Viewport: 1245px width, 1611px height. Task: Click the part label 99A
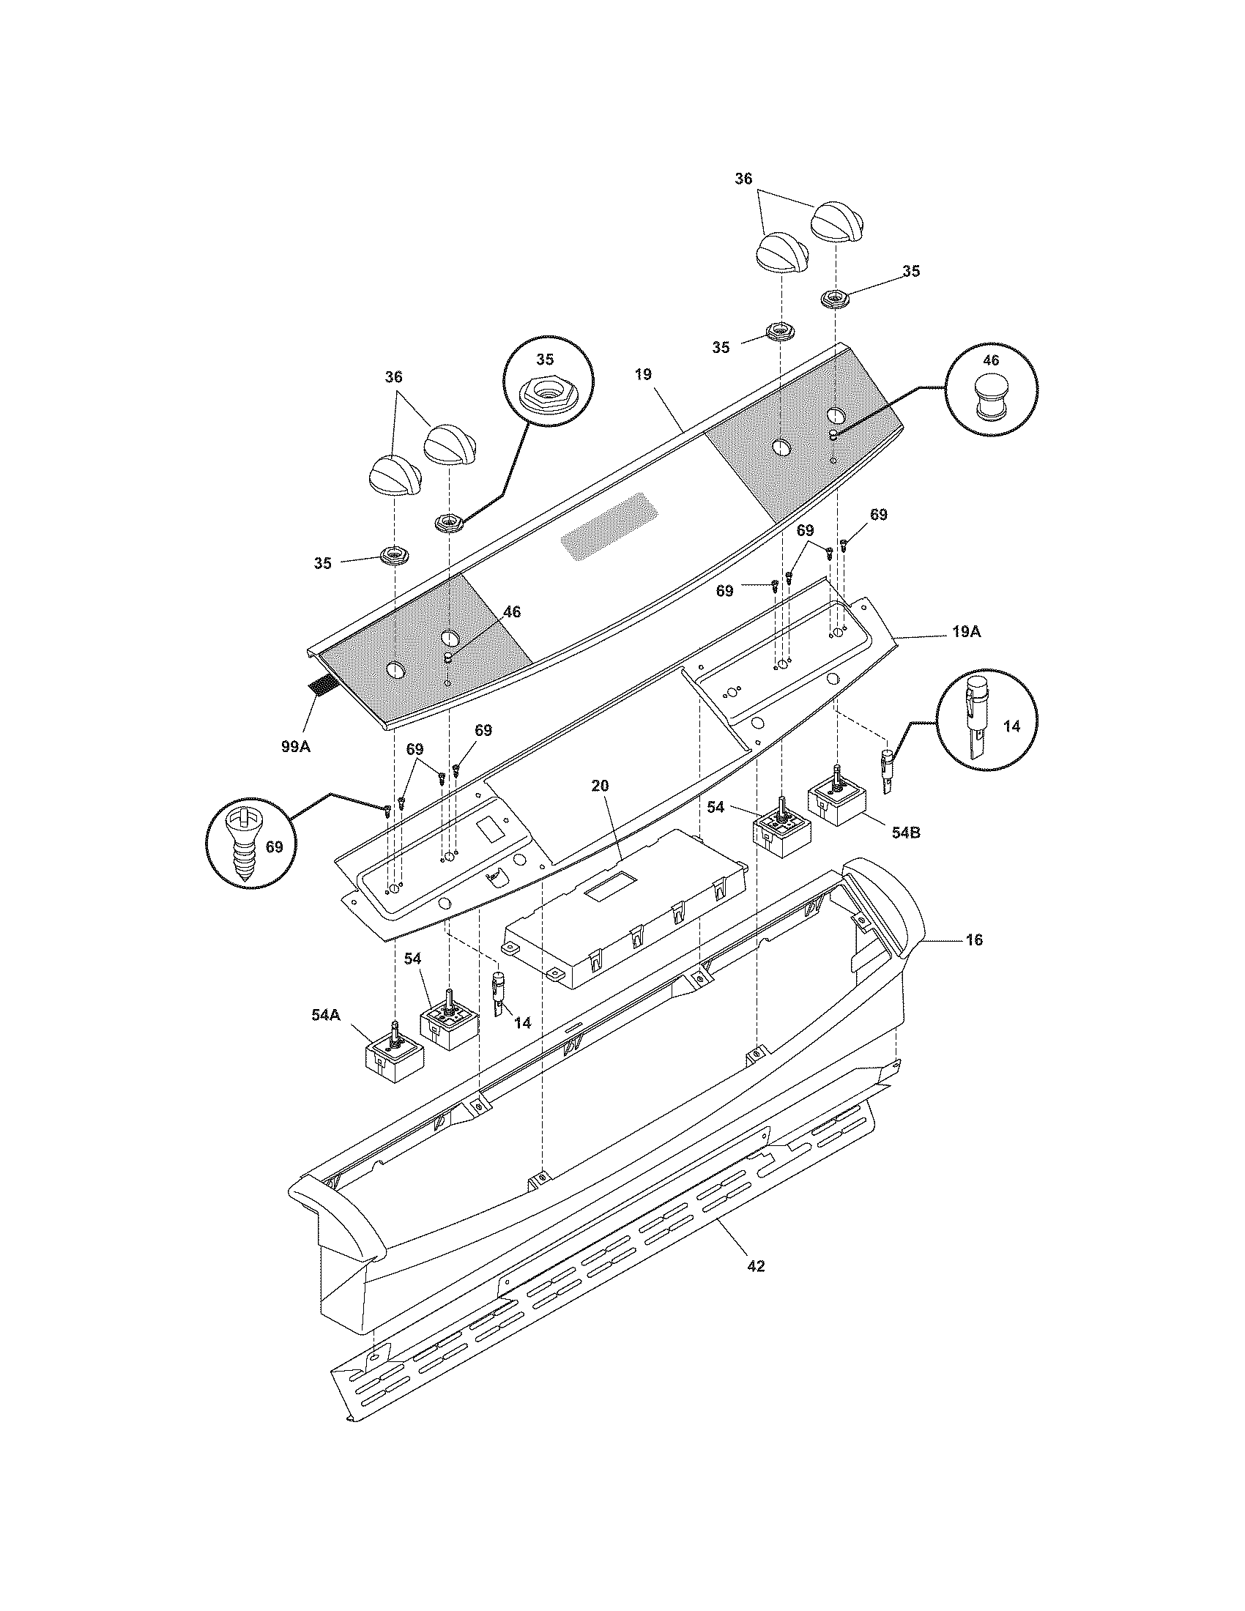[x=296, y=745]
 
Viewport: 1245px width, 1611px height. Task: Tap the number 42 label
[x=756, y=1266]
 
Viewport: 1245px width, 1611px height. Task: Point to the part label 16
[x=974, y=940]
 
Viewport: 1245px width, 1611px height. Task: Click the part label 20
[x=601, y=786]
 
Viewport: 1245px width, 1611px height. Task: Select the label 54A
[x=325, y=1015]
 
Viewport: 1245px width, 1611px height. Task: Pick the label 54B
[x=906, y=833]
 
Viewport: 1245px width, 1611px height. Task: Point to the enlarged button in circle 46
[x=991, y=397]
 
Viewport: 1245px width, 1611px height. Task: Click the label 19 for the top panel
[x=642, y=375]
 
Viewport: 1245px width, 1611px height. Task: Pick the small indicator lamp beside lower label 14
[x=499, y=993]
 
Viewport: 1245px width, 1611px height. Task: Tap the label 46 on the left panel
[x=511, y=612]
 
